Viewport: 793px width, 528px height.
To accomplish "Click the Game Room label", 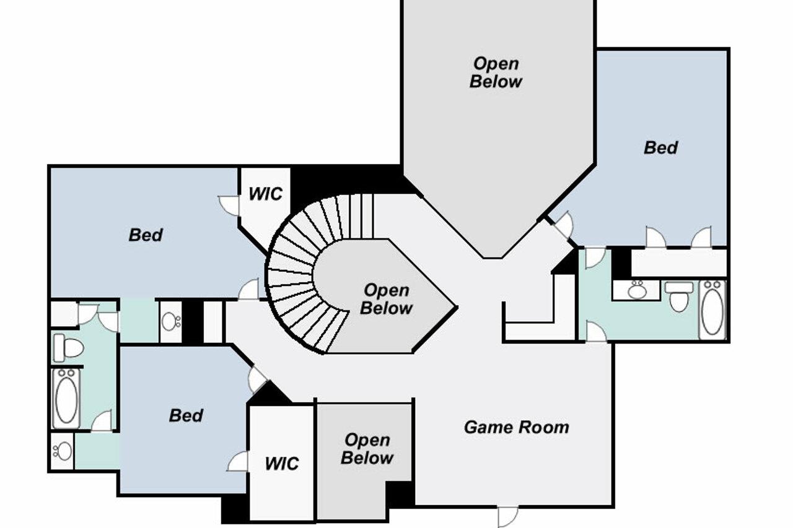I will click(x=516, y=427).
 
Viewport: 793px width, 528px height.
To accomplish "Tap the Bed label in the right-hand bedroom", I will click(x=660, y=147).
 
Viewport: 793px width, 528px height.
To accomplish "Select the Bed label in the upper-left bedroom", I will click(x=146, y=235).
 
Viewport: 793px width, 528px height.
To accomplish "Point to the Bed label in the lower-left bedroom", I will click(x=186, y=415).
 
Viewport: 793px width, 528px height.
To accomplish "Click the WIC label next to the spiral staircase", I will click(x=265, y=194).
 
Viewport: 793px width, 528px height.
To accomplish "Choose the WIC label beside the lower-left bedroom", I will click(x=281, y=463).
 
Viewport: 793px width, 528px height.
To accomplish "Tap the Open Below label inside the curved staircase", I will click(x=386, y=299).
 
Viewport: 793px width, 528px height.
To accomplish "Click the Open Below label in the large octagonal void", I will click(x=496, y=72).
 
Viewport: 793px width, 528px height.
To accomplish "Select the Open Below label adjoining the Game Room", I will click(x=367, y=449).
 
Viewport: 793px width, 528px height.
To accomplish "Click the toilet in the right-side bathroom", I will click(x=680, y=296).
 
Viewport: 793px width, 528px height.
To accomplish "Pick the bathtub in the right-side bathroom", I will click(x=712, y=309).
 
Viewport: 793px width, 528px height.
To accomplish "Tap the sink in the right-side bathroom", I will click(x=636, y=290).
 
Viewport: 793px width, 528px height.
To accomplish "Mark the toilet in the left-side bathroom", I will click(x=68, y=347).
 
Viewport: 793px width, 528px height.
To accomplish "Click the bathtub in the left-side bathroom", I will click(x=66, y=398).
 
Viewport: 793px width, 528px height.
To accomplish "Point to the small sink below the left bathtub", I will click(x=62, y=451).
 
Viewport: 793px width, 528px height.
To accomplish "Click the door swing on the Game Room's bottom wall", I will click(x=507, y=516).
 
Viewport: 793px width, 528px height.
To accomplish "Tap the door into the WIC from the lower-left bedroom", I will click(x=239, y=461).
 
